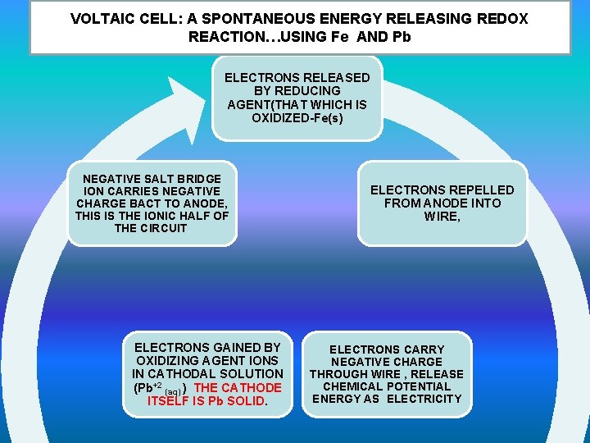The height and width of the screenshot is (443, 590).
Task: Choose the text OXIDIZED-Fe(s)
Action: (297, 117)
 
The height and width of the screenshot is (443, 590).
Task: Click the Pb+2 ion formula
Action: (147, 387)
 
